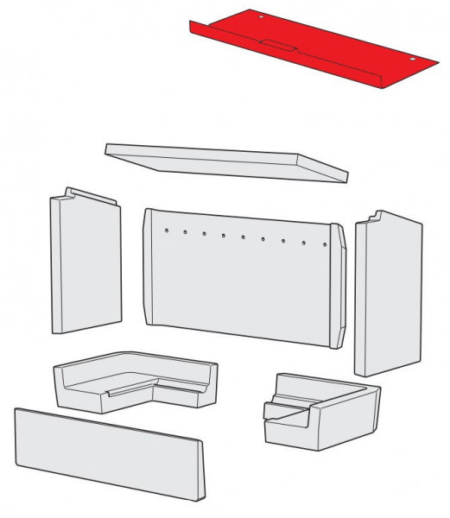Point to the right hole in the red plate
point(413,60)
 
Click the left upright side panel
point(85,263)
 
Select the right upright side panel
point(387,294)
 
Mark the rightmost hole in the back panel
point(324,245)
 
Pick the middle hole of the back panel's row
point(244,237)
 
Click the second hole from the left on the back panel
point(184,231)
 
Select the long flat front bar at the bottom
point(108,451)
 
